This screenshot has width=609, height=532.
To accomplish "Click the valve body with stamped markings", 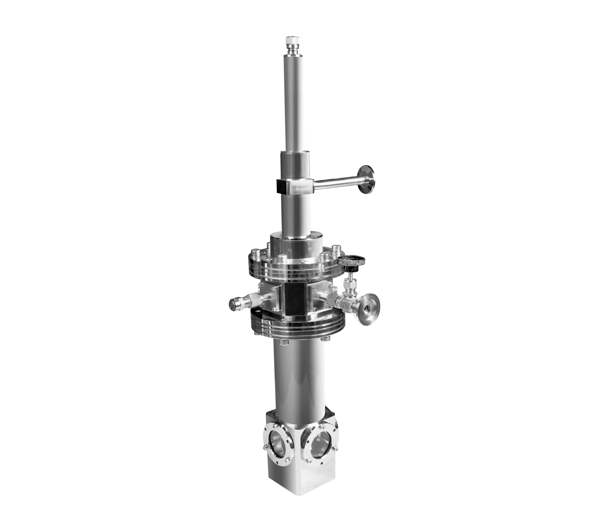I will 343,303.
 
